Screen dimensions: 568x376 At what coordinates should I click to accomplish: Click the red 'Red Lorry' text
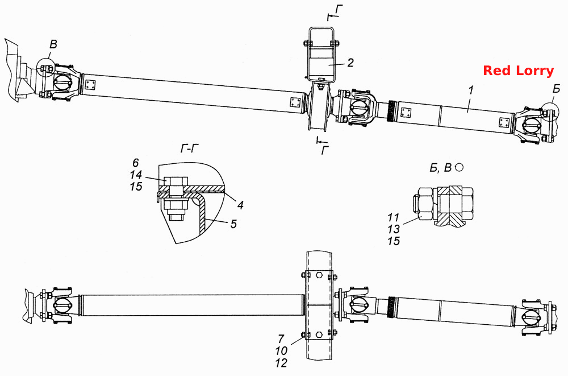pyautogui.click(x=519, y=71)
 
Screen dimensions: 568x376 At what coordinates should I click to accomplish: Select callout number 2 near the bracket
pyautogui.click(x=350, y=63)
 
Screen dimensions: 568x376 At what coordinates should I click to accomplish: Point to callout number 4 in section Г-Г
pyautogui.click(x=240, y=205)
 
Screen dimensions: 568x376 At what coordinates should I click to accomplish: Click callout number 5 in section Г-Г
pyautogui.click(x=233, y=224)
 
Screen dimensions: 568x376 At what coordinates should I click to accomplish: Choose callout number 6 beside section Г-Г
pyautogui.click(x=136, y=163)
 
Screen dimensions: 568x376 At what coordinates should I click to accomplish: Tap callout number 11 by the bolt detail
pyautogui.click(x=393, y=217)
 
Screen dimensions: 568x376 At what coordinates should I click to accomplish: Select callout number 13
pyautogui.click(x=394, y=229)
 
